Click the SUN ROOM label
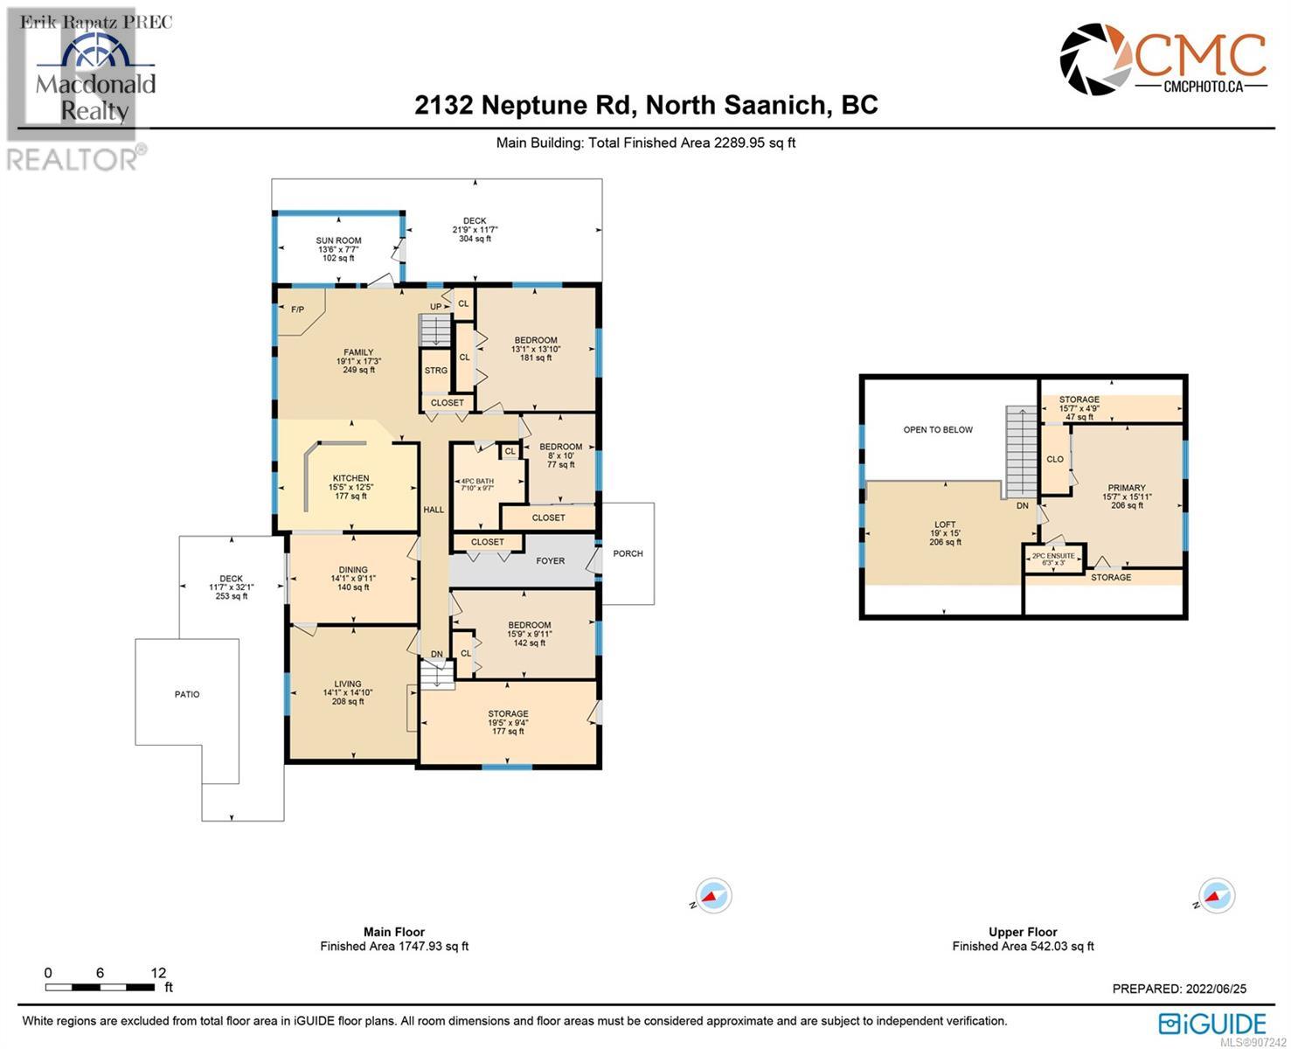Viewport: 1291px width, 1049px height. [338, 240]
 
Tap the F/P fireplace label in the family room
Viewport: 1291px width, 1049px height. [297, 309]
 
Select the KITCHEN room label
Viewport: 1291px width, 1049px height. [351, 478]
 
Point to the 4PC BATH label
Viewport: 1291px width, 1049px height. [477, 481]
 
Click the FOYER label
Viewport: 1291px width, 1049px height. [550, 561]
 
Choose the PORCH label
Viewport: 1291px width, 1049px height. [628, 553]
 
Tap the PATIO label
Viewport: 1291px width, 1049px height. [187, 694]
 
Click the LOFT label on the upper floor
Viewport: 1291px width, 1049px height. [944, 524]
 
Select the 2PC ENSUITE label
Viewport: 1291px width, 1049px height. [1053, 556]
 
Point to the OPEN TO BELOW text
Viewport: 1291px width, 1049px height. [938, 430]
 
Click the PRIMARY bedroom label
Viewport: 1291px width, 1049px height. [1126, 488]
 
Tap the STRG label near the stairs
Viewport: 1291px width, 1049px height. [436, 371]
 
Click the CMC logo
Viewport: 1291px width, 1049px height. [1163, 60]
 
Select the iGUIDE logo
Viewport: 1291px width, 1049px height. [1212, 1024]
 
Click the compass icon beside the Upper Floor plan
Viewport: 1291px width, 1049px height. [1215, 896]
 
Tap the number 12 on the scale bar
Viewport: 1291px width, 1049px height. [158, 973]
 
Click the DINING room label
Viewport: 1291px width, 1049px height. [353, 570]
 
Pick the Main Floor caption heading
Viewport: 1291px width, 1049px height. [394, 932]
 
